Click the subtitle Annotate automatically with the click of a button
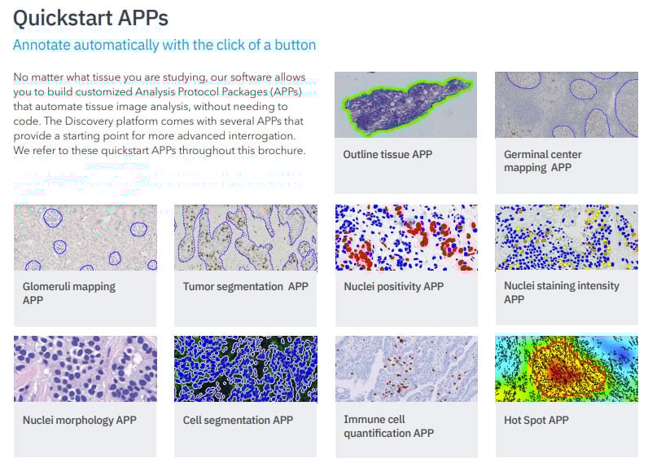(164, 45)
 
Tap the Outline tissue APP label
(387, 154)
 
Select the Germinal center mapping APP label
(542, 161)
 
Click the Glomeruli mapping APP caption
(68, 293)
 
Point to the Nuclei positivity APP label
(393, 286)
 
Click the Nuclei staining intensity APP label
(561, 292)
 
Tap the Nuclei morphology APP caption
(79, 420)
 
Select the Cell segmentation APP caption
(238, 420)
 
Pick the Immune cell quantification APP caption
(388, 426)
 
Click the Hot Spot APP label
(536, 420)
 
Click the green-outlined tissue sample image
(405, 104)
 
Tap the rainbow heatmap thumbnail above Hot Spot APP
(566, 368)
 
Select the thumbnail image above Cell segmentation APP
(245, 368)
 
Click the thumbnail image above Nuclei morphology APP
(85, 368)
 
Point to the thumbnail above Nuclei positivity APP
(405, 237)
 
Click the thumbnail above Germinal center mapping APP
(566, 104)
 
